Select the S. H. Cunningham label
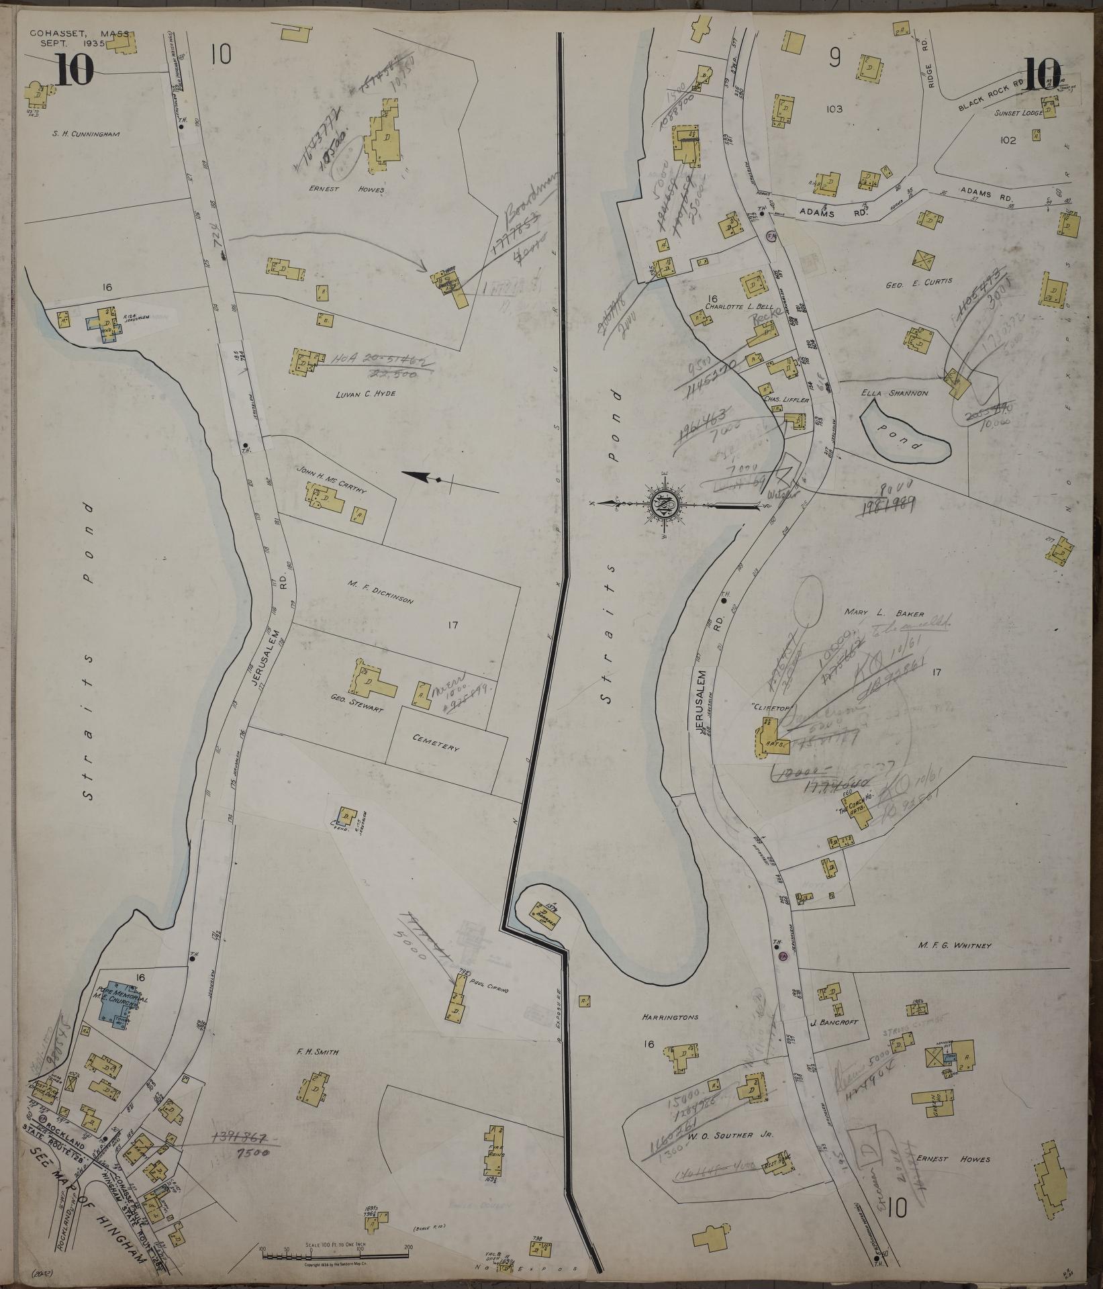86,134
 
